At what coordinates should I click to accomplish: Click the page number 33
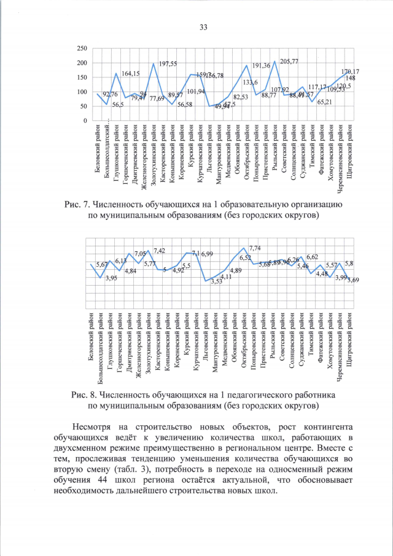203,26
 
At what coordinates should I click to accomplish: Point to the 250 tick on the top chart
81,48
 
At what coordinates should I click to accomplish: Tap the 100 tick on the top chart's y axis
81,92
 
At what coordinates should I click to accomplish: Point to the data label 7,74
255,248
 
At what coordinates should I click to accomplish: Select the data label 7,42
160,251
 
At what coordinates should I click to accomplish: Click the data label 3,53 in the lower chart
217,282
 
